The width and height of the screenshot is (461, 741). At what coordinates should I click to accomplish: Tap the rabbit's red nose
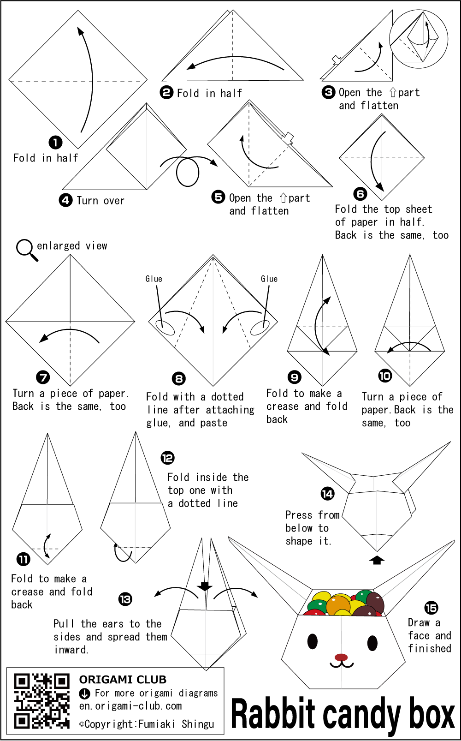tap(341, 657)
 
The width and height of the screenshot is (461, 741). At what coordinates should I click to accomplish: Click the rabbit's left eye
tap(312, 642)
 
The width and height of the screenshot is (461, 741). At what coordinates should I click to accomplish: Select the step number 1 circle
tap(55, 143)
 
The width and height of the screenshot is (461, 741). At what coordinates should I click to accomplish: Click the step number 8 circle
tap(179, 379)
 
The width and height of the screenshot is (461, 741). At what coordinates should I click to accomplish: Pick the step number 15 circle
tap(431, 608)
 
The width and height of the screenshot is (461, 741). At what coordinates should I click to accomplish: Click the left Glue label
tap(154, 279)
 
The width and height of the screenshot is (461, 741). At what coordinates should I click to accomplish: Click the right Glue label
tap(269, 279)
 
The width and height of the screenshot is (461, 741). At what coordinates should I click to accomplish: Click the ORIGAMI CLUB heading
tap(123, 680)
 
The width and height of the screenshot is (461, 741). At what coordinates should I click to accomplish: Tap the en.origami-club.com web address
tap(130, 706)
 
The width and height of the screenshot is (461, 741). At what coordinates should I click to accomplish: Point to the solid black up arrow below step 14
tap(377, 560)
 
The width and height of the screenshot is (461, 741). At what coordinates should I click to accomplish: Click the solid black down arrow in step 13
tap(205, 586)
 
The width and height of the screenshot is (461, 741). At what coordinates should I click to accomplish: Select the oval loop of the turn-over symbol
tap(188, 172)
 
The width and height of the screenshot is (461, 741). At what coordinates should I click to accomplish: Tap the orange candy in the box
tap(338, 605)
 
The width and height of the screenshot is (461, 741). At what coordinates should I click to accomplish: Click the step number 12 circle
tap(167, 458)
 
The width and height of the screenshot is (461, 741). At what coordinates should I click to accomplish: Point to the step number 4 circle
tap(66, 200)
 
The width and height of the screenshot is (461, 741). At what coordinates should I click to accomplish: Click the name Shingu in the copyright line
tap(198, 724)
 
